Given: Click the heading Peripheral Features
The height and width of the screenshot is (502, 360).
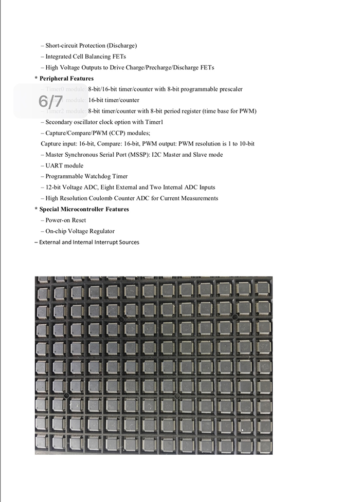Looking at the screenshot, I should pos(66,79).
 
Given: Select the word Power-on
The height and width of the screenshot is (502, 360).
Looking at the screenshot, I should pos(57,220).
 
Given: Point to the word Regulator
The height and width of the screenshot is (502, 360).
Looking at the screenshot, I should pos(101,231).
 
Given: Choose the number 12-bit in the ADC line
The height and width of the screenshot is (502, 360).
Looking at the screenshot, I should pos(56,187).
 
